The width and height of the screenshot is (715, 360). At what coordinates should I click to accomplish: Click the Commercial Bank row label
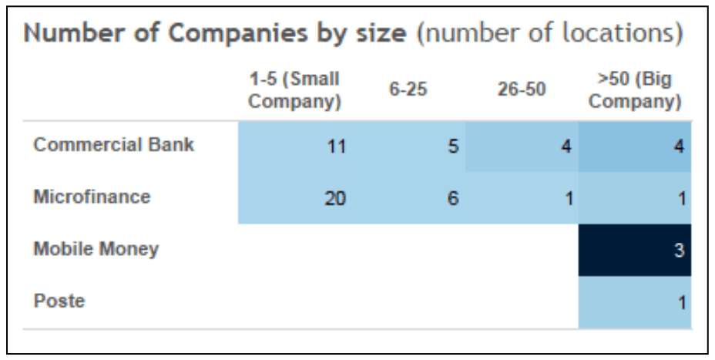[x=113, y=145]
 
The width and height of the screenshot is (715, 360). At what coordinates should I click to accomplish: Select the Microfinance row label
[x=92, y=197]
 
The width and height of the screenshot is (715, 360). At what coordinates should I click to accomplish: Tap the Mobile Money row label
[x=96, y=249]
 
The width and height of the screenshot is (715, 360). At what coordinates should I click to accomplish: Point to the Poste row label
[x=59, y=301]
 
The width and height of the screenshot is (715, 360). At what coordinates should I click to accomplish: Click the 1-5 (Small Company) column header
[x=294, y=90]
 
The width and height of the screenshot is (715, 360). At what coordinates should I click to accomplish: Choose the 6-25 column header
[x=408, y=90]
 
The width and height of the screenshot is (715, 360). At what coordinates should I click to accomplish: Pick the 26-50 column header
[x=522, y=90]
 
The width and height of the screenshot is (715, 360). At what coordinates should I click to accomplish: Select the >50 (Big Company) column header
[x=635, y=90]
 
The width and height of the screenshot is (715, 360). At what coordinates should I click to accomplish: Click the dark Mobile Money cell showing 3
[x=635, y=250]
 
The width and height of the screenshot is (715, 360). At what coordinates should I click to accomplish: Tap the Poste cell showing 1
[x=635, y=302]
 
